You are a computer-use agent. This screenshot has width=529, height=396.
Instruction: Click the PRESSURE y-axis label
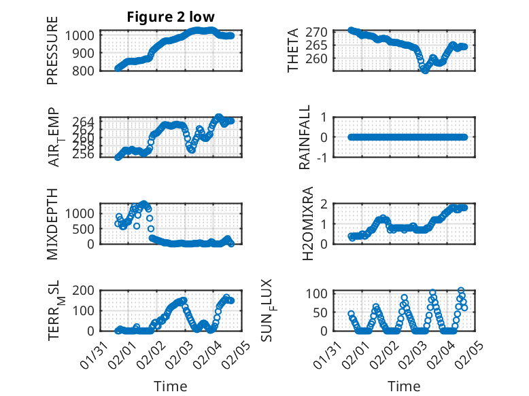click(52, 50)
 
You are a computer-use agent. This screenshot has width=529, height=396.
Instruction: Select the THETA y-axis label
click(293, 50)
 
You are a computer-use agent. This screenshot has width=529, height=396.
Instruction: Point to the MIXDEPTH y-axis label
click(52, 223)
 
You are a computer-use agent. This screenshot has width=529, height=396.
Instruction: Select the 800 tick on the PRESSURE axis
click(86, 70)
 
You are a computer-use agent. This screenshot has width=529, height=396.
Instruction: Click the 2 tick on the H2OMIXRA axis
click(325, 204)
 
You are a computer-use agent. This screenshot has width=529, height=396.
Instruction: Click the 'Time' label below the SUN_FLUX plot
click(404, 386)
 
